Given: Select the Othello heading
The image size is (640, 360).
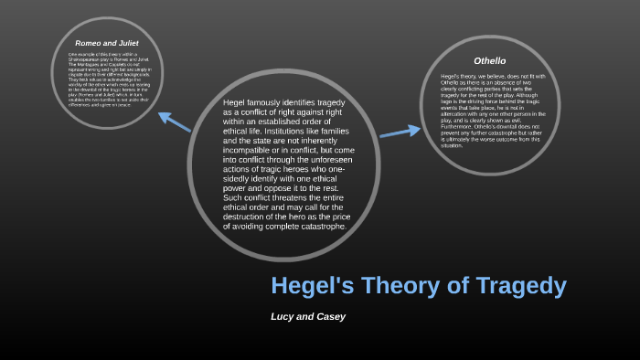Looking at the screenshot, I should click(x=489, y=59).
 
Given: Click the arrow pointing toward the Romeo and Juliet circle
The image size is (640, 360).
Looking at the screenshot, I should click(x=174, y=122).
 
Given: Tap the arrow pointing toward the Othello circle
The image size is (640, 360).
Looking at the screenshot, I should click(x=399, y=133).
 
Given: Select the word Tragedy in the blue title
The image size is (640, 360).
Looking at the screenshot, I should click(x=521, y=286).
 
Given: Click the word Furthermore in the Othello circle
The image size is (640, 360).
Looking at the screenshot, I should click(x=459, y=125).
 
